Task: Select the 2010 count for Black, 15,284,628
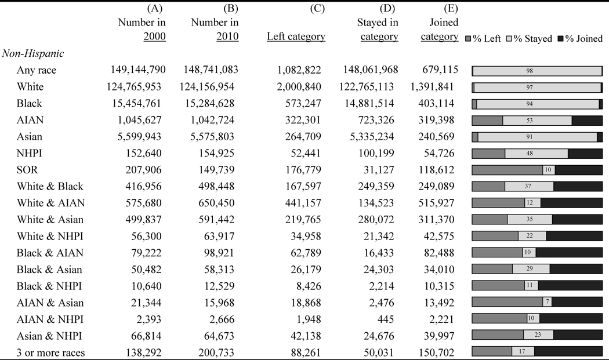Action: coord(204,104)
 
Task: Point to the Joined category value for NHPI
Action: coord(440,154)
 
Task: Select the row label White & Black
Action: coord(50,187)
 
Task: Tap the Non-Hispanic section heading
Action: coord(33,53)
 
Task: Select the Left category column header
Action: coord(296,37)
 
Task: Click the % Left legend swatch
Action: coord(469,39)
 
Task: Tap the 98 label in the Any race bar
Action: coord(538,71)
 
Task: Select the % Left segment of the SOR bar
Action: coord(507,170)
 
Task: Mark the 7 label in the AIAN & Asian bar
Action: coord(547,302)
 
